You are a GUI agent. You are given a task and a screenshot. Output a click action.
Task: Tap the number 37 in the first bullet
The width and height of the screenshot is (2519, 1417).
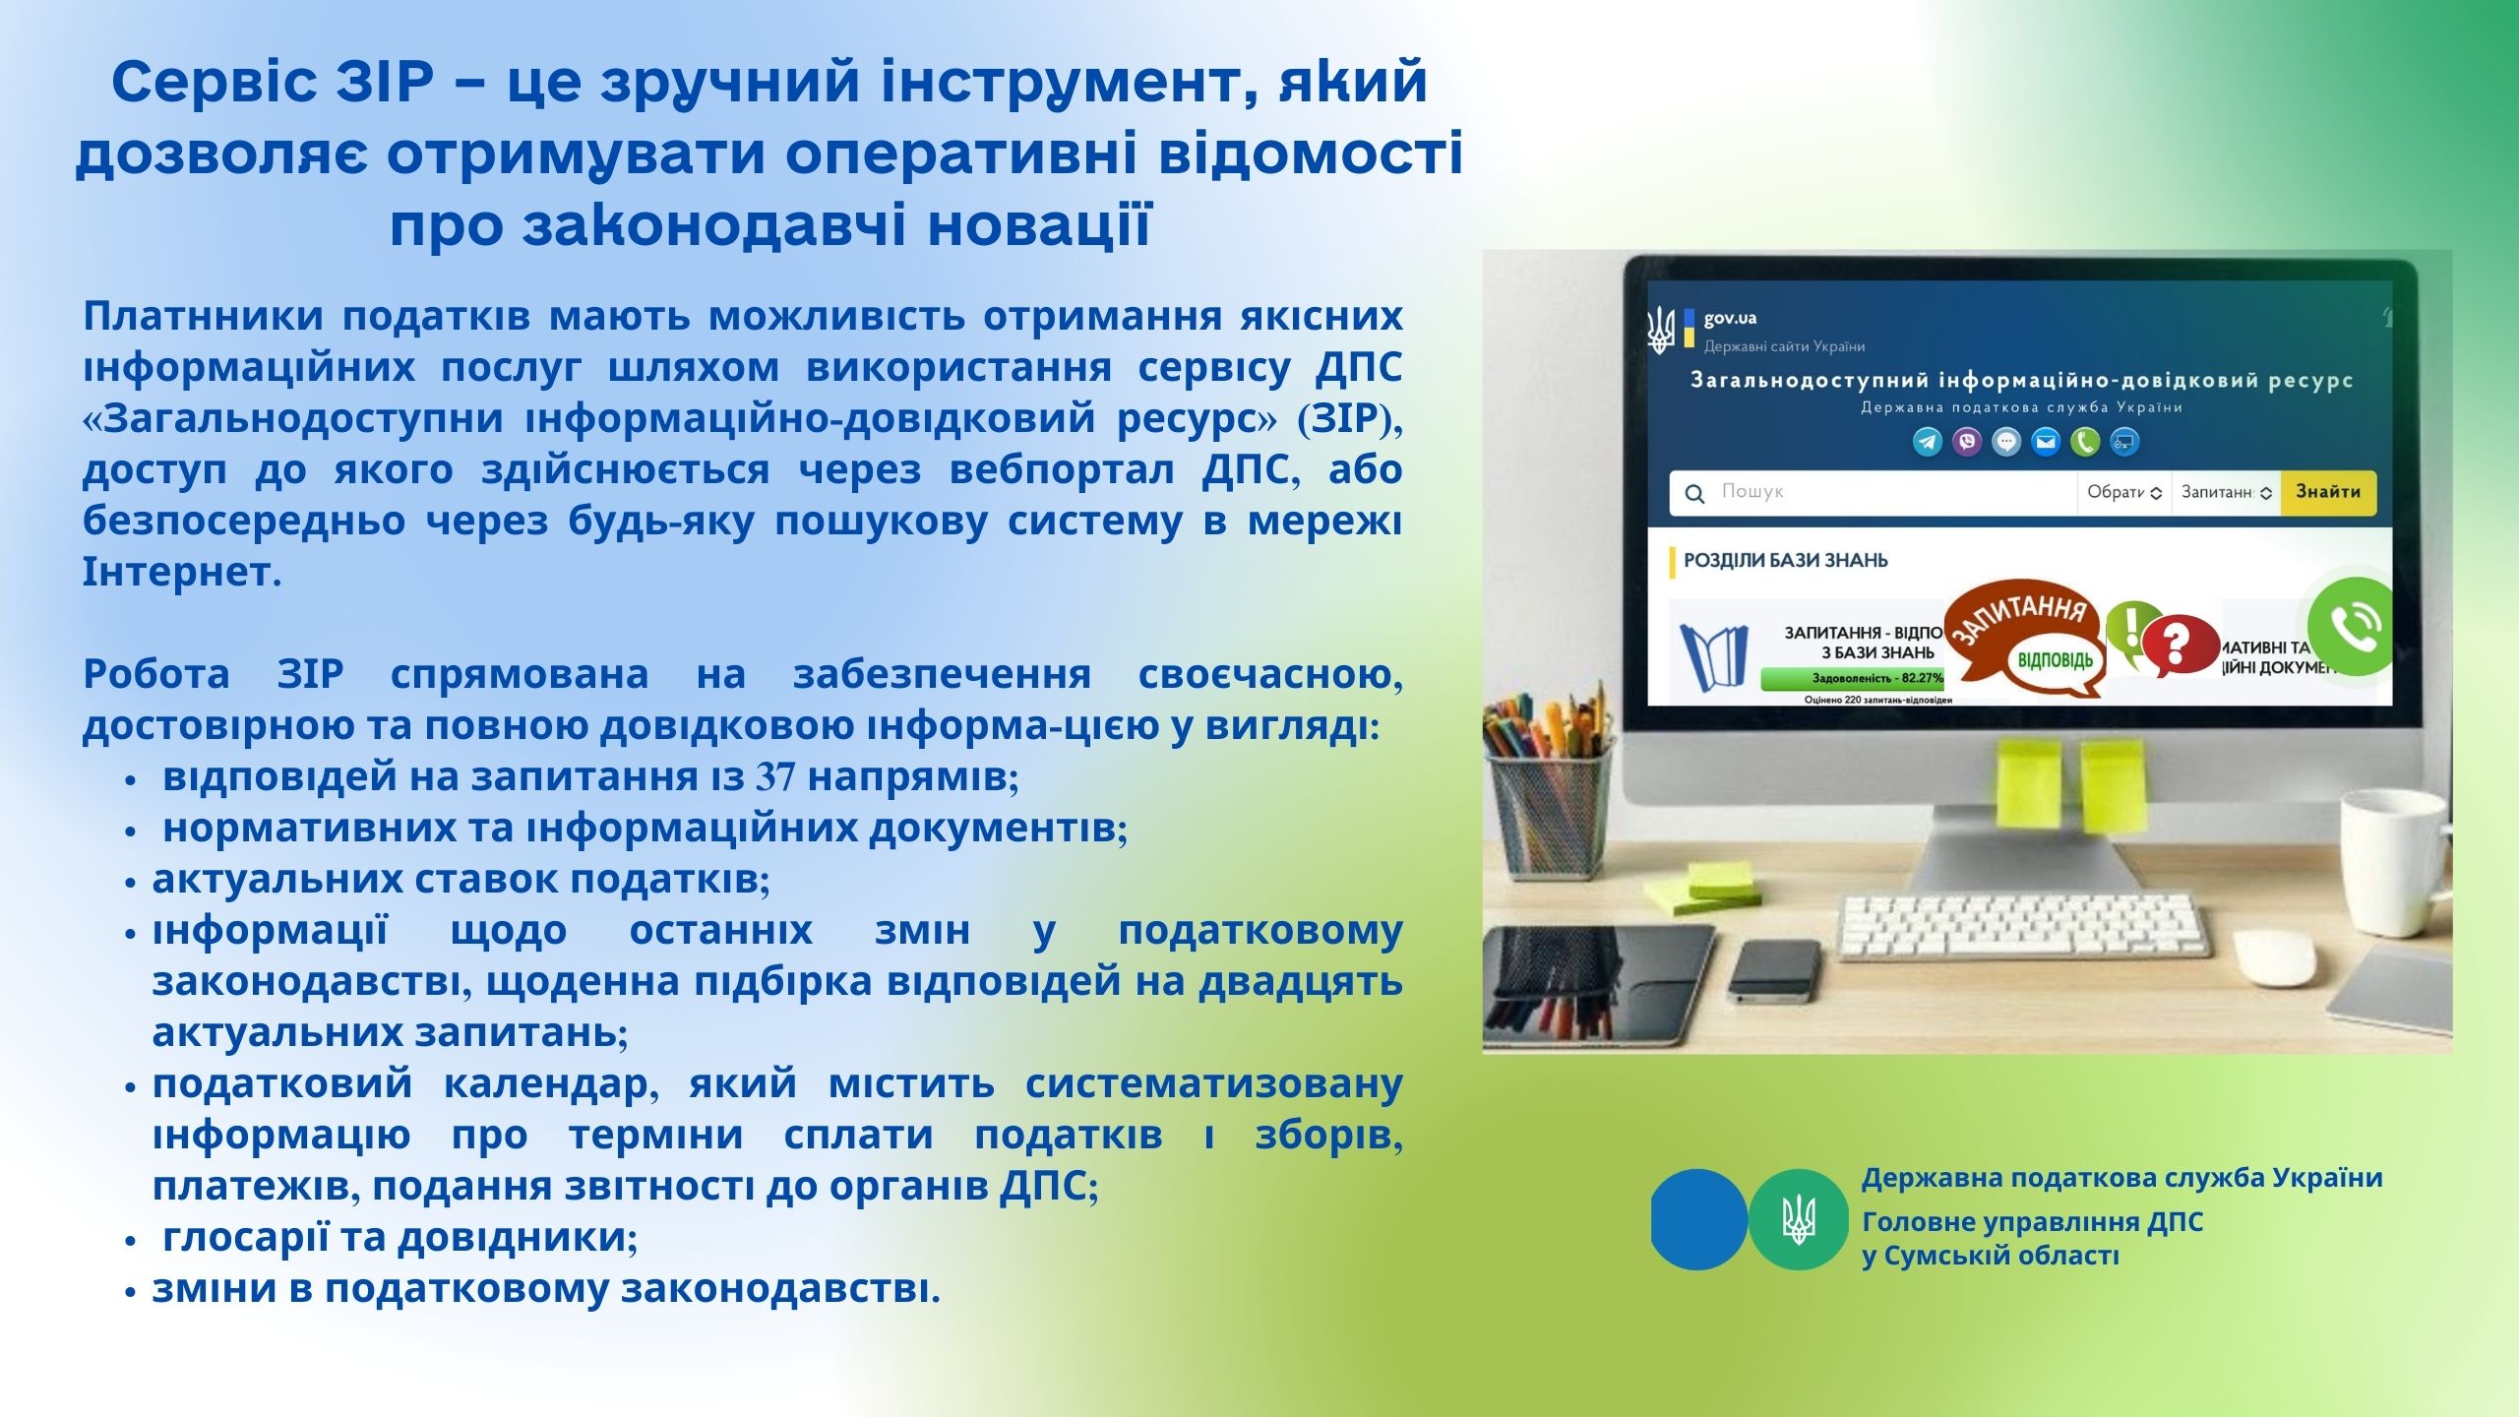pos(775,777)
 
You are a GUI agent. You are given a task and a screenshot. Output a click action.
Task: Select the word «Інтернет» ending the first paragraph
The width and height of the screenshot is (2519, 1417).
pos(177,571)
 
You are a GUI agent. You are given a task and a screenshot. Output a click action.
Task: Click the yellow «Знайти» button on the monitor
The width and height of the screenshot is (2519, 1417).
pos(2328,492)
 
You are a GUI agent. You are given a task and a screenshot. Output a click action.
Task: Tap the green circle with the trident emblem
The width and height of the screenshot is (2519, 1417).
pos(1799,1219)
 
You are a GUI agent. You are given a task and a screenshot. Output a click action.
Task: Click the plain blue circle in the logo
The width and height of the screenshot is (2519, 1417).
pos(1699,1219)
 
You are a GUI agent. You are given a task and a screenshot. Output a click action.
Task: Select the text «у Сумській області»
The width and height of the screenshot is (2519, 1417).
pos(1991,1257)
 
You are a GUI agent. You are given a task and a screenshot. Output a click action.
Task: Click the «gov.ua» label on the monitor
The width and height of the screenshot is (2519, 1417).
pos(1730,318)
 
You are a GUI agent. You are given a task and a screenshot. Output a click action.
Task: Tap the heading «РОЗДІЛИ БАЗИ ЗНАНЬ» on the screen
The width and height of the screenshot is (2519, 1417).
pos(1785,561)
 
